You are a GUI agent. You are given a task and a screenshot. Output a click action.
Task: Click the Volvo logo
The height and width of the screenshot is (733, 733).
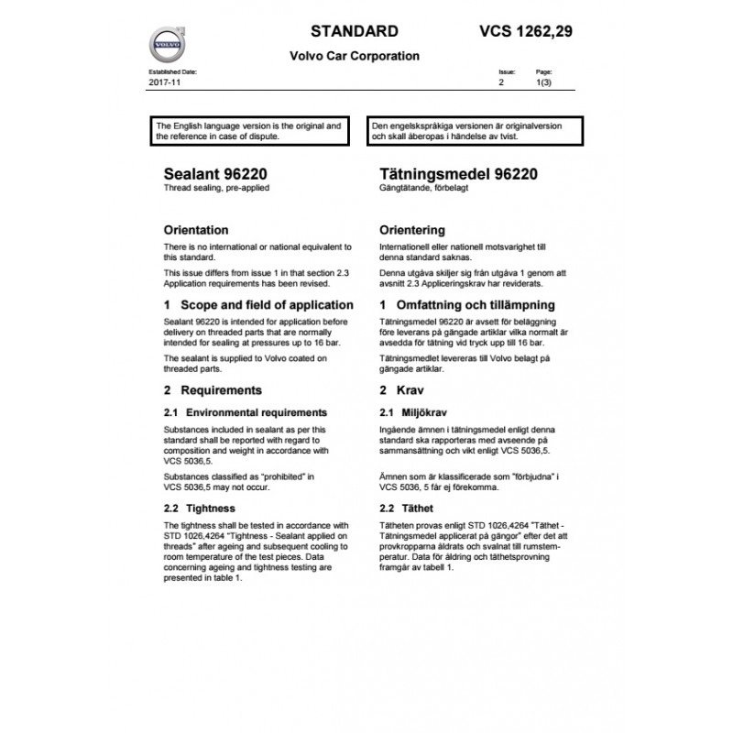166,44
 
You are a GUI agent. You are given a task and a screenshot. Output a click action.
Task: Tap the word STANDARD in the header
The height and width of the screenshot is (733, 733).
355,31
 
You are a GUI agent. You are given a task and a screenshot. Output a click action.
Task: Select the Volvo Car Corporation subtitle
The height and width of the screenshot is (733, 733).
355,56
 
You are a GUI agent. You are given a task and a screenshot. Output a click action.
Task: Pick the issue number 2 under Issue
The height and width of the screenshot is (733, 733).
501,82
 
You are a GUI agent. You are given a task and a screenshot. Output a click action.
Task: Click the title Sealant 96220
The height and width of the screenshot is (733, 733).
215,174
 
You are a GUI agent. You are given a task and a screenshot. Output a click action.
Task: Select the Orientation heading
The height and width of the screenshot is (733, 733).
195,230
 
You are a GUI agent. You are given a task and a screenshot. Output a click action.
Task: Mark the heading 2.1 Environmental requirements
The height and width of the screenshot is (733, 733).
245,412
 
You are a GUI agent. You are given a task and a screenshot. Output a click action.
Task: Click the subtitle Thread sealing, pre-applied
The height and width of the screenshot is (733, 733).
216,188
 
